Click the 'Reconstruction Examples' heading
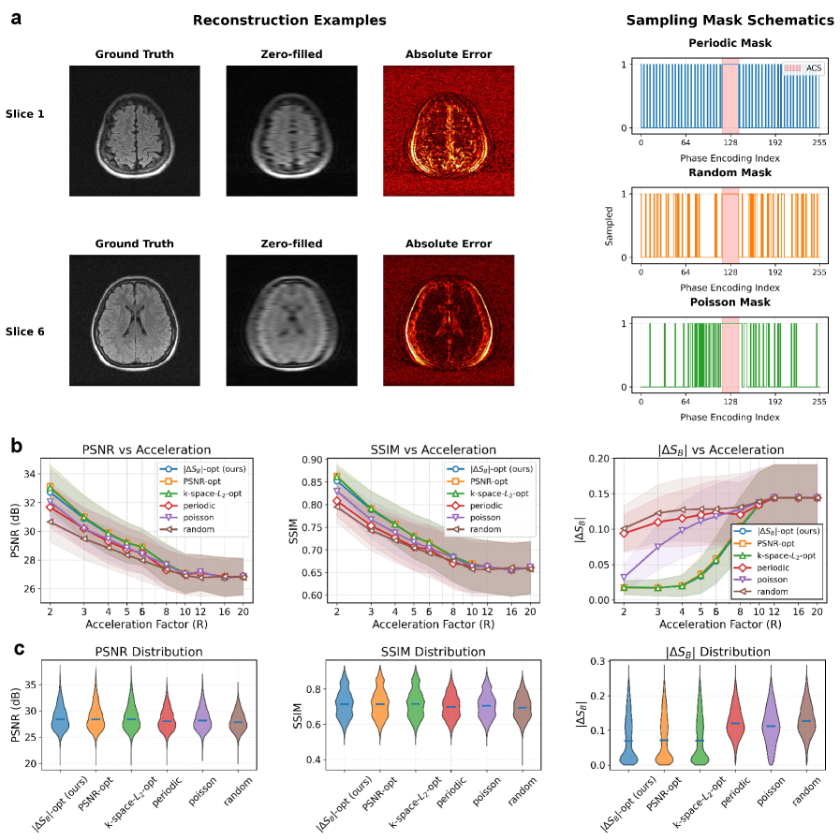289,20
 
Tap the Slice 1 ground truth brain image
134,130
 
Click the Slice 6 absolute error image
449,321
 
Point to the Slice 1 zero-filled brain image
291,130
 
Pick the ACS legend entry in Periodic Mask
799,68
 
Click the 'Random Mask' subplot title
729,173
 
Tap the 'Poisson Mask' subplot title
729,302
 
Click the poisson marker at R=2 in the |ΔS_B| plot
625,578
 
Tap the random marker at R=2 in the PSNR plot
50,522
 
